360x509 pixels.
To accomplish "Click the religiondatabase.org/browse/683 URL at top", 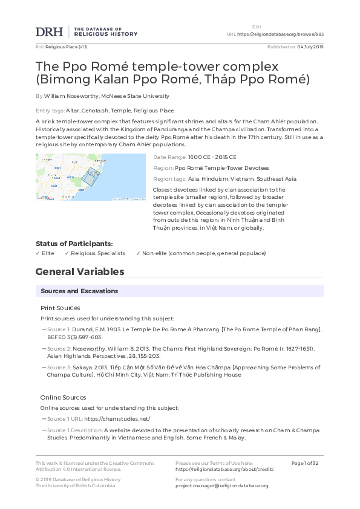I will pyautogui.click(x=280, y=34).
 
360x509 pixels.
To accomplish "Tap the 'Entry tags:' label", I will pyautogui.click(x=50, y=111).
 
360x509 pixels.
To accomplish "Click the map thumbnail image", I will pyautogui.click(x=91, y=177).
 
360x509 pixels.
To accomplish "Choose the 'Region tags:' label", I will pyautogui.click(x=169, y=179).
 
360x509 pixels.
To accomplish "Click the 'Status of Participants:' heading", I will pyautogui.click(x=74, y=244).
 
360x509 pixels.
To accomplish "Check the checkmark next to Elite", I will pyautogui.click(x=38, y=253).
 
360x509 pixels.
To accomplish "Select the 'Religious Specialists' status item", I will pyautogui.click(x=98, y=253).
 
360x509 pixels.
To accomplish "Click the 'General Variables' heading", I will pyautogui.click(x=80, y=272).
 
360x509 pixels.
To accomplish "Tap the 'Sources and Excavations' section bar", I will pyautogui.click(x=179, y=291).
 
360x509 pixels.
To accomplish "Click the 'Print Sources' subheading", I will pyautogui.click(x=60, y=308).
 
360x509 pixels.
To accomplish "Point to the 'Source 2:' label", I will pyautogui.click(x=59, y=349).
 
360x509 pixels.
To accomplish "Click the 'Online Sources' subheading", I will pyautogui.click(x=62, y=397).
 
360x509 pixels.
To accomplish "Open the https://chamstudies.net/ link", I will pyautogui.click(x=117, y=419).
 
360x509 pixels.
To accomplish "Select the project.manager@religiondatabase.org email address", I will pyautogui.click(x=221, y=485).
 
